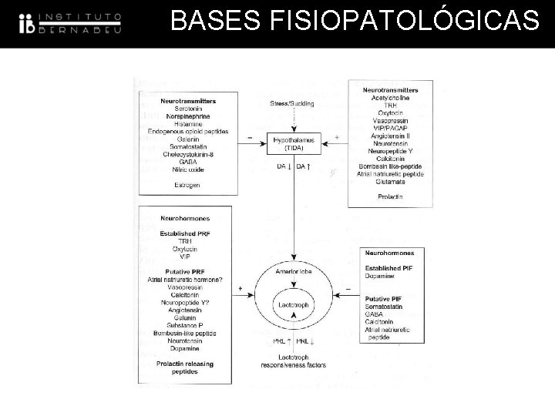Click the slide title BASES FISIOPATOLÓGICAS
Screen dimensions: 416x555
click(355, 22)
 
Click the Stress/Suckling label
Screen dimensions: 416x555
click(292, 104)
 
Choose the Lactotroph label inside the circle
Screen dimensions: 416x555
click(292, 304)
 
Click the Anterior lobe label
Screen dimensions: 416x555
click(292, 271)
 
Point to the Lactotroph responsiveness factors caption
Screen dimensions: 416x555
click(292, 362)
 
